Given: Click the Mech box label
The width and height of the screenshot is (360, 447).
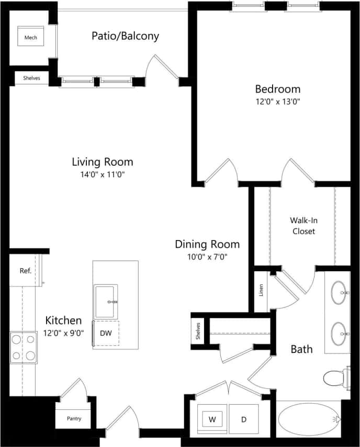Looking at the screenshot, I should pyautogui.click(x=31, y=38).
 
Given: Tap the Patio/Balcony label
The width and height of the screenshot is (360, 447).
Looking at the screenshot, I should pyautogui.click(x=125, y=36).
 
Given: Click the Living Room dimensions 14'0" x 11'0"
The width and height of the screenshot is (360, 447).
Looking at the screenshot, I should pyautogui.click(x=103, y=174).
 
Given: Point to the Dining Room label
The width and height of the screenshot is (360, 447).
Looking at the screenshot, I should pyautogui.click(x=207, y=244).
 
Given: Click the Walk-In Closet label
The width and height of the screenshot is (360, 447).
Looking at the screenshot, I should pyautogui.click(x=303, y=225).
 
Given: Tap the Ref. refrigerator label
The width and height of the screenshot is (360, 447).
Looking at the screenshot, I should pyautogui.click(x=25, y=271).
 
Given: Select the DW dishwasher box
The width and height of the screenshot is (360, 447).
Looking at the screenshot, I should pyautogui.click(x=106, y=333).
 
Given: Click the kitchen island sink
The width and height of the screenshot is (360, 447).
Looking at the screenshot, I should pyautogui.click(x=106, y=301).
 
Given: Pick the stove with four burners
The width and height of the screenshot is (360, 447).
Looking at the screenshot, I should pyautogui.click(x=24, y=348).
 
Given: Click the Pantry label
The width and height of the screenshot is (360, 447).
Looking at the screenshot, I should pyautogui.click(x=74, y=418).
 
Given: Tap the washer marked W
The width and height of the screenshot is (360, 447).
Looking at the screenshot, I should pyautogui.click(x=212, y=419).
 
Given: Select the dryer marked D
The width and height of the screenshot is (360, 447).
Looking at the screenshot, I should pyautogui.click(x=244, y=419).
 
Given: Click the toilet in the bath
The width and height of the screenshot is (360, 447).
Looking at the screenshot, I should pyautogui.click(x=335, y=376).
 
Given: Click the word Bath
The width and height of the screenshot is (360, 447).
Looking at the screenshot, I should pyautogui.click(x=302, y=349).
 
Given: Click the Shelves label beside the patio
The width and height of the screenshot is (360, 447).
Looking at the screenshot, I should pyautogui.click(x=31, y=78).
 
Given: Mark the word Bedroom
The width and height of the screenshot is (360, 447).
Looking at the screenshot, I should pyautogui.click(x=277, y=88).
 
